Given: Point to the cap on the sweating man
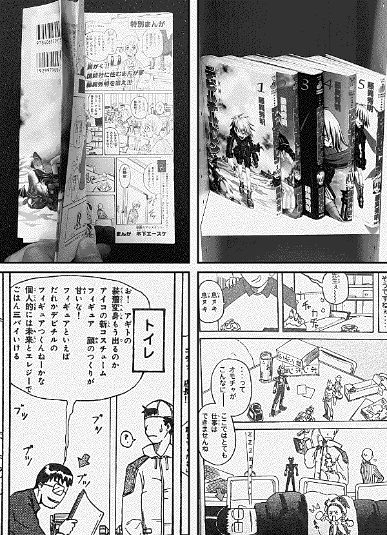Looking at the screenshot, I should [157, 410].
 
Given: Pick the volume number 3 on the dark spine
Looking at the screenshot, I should [305, 85].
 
